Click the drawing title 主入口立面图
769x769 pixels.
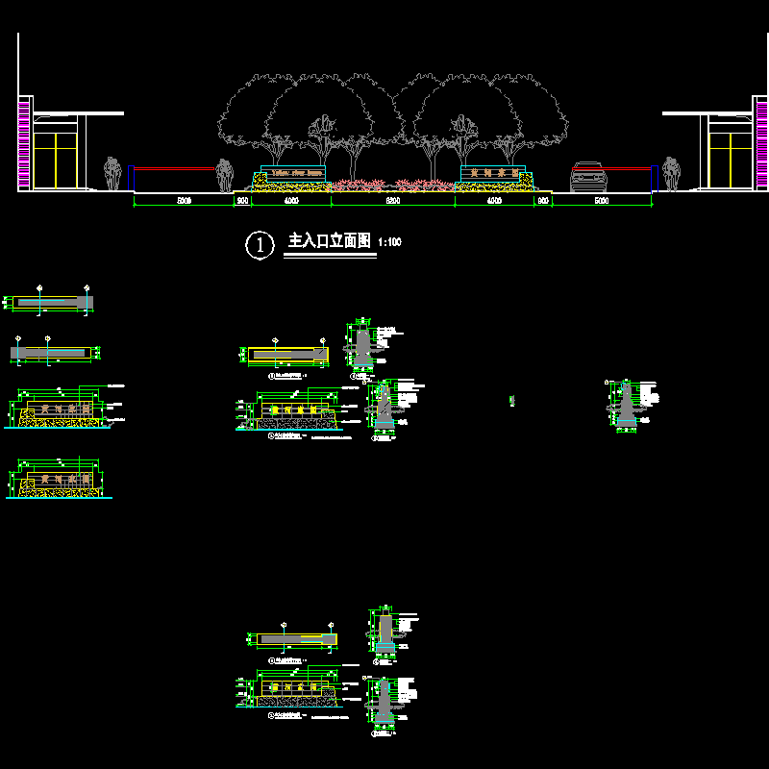tap(330, 241)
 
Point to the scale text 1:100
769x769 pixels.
tap(390, 242)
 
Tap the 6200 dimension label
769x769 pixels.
tap(392, 202)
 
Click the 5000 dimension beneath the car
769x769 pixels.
tap(602, 202)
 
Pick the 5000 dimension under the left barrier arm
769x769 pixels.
tap(185, 202)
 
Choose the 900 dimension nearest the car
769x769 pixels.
tap(543, 202)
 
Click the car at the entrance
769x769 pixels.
tap(588, 177)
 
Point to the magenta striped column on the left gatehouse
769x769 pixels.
tap(24, 142)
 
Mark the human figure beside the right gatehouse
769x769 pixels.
tap(671, 174)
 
